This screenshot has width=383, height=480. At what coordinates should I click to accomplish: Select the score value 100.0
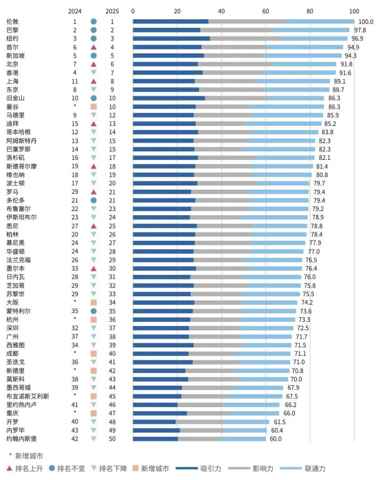click(365, 22)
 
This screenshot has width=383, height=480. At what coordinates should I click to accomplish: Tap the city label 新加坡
click(15, 55)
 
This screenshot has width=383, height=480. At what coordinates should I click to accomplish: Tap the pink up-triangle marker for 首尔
click(94, 47)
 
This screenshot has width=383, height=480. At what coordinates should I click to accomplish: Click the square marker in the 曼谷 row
click(94, 107)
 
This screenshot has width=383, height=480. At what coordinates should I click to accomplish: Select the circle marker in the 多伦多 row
click(94, 200)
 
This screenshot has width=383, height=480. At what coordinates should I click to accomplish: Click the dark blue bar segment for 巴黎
click(166, 30)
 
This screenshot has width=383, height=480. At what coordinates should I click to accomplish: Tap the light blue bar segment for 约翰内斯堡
click(244, 438)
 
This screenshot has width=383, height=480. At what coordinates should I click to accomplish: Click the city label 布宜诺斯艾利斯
click(27, 396)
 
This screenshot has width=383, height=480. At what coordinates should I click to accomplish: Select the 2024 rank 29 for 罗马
click(75, 192)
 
